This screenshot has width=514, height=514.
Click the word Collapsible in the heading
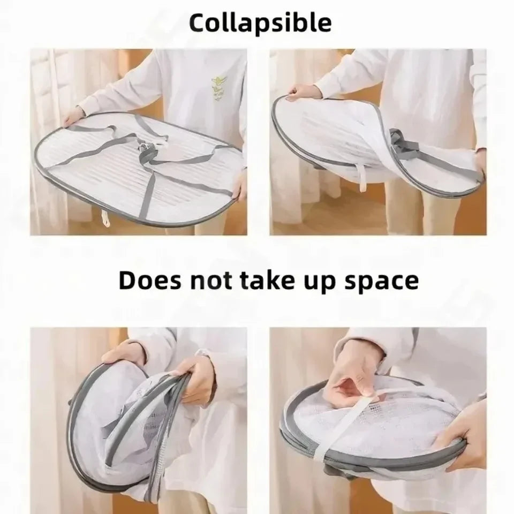pyautogui.click(x=260, y=23)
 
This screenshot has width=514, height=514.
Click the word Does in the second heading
pyautogui.click(x=149, y=281)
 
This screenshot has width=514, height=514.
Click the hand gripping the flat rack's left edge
pyautogui.click(x=72, y=117)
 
